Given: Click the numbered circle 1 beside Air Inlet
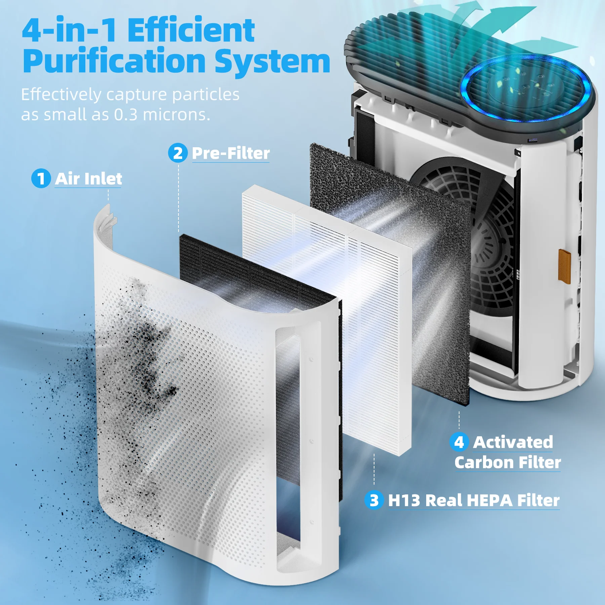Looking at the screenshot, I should (41, 178).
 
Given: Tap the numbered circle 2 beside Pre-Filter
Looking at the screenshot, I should (178, 153).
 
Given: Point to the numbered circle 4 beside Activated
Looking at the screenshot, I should (459, 442).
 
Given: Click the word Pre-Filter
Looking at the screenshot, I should (231, 153).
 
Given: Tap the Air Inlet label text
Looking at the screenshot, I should (88, 178).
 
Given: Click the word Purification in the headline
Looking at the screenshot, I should (114, 61).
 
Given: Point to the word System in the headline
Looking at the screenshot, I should (272, 61).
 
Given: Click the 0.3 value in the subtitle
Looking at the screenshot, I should (126, 115).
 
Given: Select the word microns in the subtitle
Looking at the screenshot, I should (176, 115).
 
